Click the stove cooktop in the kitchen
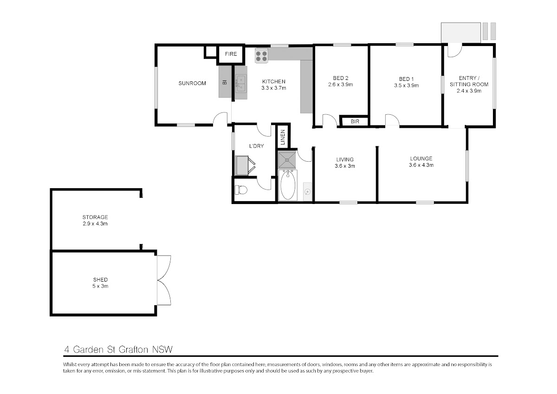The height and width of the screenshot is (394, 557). point(261,56)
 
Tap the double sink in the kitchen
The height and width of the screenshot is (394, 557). point(241,83)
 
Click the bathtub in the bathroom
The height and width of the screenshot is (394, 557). point(288,185)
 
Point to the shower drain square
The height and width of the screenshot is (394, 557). point(287,159)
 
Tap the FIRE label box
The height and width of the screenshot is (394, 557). point(231,54)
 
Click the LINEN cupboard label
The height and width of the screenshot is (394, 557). point(283,137)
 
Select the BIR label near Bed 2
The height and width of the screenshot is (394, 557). point(355,121)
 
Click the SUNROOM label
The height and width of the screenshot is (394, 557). point(192,83)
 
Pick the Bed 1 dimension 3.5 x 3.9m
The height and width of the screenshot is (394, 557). point(406,85)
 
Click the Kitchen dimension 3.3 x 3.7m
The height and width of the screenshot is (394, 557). point(273,88)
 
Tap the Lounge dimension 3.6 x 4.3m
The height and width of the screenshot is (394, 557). point(421,165)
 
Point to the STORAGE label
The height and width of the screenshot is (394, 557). point(95,217)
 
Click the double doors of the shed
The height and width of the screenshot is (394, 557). point(164,280)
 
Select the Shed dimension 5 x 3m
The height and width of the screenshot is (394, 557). point(100,286)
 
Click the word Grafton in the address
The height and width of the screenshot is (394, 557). point(133,350)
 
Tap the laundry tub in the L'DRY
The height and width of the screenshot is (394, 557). point(245,165)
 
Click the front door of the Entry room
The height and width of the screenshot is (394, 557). point(455,50)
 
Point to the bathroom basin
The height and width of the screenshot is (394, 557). point(308,191)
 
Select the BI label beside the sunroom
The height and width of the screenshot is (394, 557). point(225,82)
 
